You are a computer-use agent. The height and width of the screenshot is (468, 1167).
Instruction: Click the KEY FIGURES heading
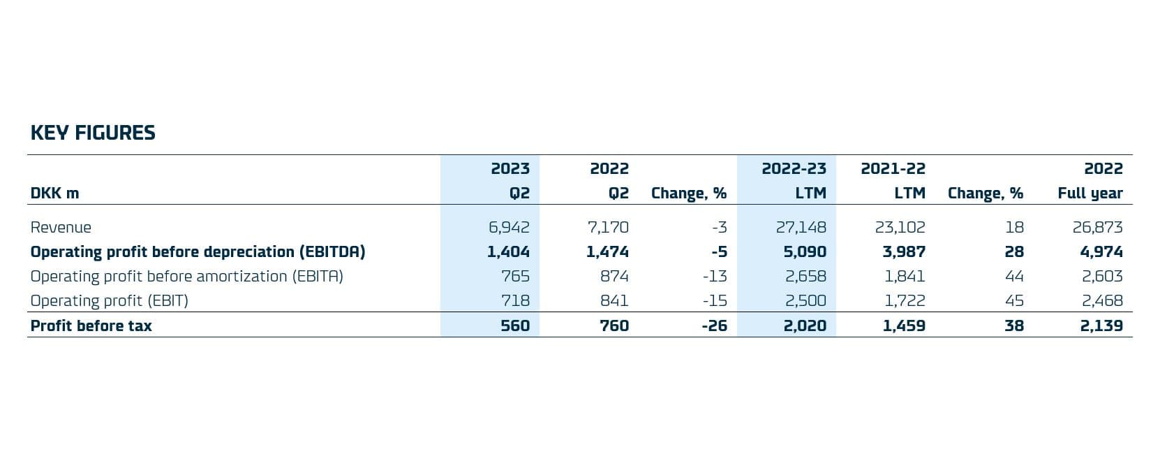click(x=93, y=133)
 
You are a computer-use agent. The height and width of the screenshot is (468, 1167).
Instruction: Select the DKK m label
click(x=54, y=193)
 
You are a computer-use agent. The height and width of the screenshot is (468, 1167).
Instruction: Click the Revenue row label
click(x=61, y=228)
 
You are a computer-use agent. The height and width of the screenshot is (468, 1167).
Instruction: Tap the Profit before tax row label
click(x=91, y=326)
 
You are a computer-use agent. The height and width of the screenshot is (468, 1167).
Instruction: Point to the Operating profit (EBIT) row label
click(x=109, y=301)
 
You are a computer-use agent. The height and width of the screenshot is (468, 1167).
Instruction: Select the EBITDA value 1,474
click(x=607, y=252)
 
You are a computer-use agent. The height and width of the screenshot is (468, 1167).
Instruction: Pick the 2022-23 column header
click(x=794, y=169)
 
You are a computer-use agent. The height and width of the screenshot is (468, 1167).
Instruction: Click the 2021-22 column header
click(x=893, y=169)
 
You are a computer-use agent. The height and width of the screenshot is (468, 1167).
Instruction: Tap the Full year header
click(x=1090, y=193)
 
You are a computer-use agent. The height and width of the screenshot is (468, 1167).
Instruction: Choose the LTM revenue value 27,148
click(x=801, y=228)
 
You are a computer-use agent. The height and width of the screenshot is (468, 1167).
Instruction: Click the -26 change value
click(x=714, y=326)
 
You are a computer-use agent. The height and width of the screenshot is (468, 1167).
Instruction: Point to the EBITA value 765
click(x=515, y=277)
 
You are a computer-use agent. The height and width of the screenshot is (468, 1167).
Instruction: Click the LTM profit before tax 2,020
click(x=805, y=326)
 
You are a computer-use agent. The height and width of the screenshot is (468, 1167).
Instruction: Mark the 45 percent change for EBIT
click(x=1014, y=301)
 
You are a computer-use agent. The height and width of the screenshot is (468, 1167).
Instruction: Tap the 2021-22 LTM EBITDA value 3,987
click(x=904, y=252)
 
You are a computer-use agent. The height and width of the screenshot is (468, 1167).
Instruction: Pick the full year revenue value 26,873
click(x=1097, y=228)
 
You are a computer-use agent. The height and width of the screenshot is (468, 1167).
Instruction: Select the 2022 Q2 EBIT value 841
click(x=614, y=301)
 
